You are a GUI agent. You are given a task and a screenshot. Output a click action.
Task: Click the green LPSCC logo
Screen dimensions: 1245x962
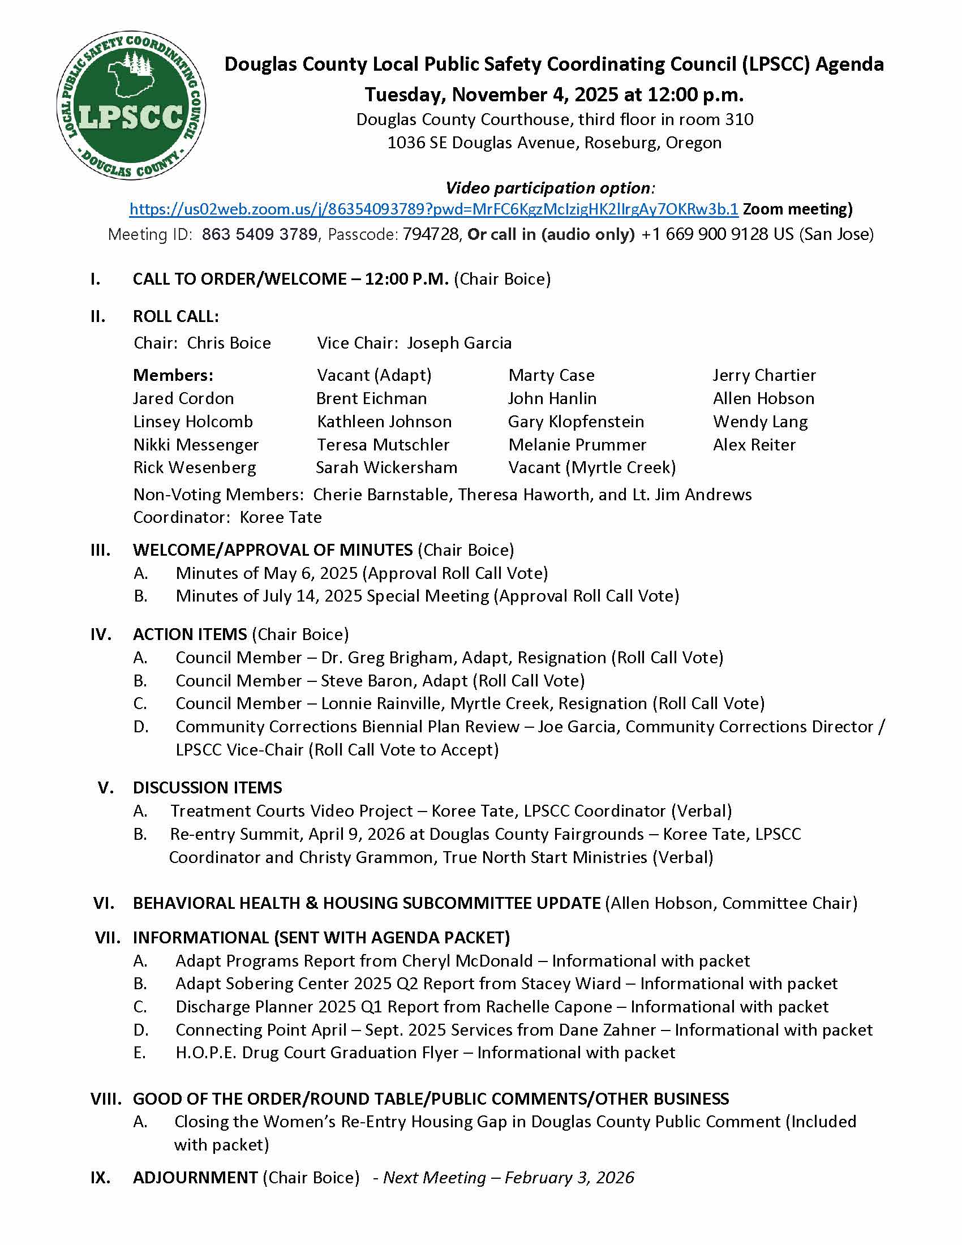[x=132, y=105]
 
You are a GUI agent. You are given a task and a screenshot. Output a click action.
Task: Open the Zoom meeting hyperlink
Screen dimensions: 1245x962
[x=433, y=209]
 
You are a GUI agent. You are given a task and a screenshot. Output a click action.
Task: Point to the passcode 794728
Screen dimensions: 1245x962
[x=431, y=234]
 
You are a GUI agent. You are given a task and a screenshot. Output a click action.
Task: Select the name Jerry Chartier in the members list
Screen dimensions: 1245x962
[x=764, y=375]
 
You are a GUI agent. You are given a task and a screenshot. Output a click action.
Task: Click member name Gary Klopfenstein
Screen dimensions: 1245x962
[x=576, y=421]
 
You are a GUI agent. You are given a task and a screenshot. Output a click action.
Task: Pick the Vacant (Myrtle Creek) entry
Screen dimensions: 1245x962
[x=591, y=467]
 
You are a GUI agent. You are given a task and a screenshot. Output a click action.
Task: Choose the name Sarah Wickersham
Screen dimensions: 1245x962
[x=386, y=467]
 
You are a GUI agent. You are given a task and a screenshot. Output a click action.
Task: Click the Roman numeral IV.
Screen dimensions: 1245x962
[x=101, y=634]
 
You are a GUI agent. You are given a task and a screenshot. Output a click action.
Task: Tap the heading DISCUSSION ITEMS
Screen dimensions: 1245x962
[x=208, y=787]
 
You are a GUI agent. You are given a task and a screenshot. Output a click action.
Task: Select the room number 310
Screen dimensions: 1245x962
[x=739, y=119]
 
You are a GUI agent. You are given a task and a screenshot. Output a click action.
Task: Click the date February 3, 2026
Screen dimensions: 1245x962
[x=569, y=1177]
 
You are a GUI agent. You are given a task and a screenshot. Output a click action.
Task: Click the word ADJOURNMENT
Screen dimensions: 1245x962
[x=195, y=1177]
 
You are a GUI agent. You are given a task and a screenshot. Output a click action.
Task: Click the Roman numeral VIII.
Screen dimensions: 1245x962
[x=106, y=1098]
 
